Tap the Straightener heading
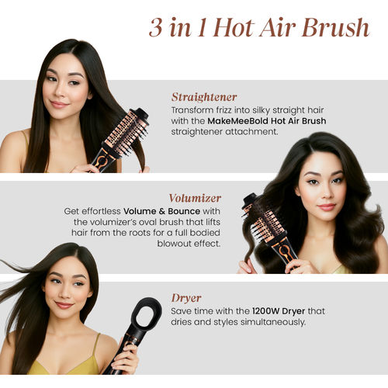tap(204, 97)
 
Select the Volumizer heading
tap(195, 198)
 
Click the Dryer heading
tap(186, 297)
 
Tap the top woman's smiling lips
tap(59, 104)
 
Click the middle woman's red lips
tap(327, 207)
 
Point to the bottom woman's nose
tap(64, 296)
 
